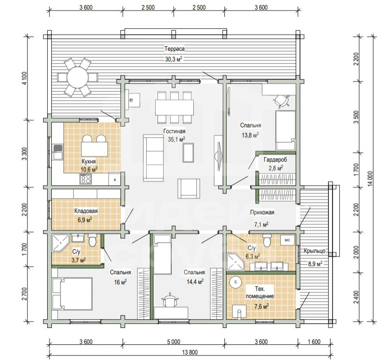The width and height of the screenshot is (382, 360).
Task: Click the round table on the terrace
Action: (x=77, y=78)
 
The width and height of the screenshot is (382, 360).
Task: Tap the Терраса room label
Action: (x=174, y=49)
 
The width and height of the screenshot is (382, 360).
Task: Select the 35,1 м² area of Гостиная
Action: (x=176, y=139)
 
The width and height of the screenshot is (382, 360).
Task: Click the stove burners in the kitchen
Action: (x=86, y=179)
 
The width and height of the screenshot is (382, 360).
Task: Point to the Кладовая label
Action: (x=86, y=211)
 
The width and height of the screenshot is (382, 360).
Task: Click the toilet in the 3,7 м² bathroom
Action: (x=93, y=240)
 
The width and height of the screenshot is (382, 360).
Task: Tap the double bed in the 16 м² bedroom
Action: (x=72, y=294)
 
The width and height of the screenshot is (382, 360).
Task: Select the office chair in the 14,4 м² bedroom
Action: (x=170, y=299)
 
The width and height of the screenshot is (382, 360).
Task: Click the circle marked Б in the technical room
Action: (x=235, y=282)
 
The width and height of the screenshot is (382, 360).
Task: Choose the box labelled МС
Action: (x=288, y=240)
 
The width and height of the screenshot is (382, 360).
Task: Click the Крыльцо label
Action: (x=315, y=251)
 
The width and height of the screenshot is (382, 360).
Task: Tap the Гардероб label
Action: (x=275, y=160)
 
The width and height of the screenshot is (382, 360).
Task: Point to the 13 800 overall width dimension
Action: (x=190, y=353)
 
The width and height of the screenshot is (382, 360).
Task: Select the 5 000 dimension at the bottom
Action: (x=174, y=342)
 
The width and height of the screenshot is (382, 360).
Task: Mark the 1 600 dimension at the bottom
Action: (x=314, y=342)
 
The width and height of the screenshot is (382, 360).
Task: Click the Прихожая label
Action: (x=262, y=212)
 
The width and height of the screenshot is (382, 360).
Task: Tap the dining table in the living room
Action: (x=175, y=107)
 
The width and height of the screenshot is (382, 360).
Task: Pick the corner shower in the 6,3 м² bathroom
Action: (x=235, y=262)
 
